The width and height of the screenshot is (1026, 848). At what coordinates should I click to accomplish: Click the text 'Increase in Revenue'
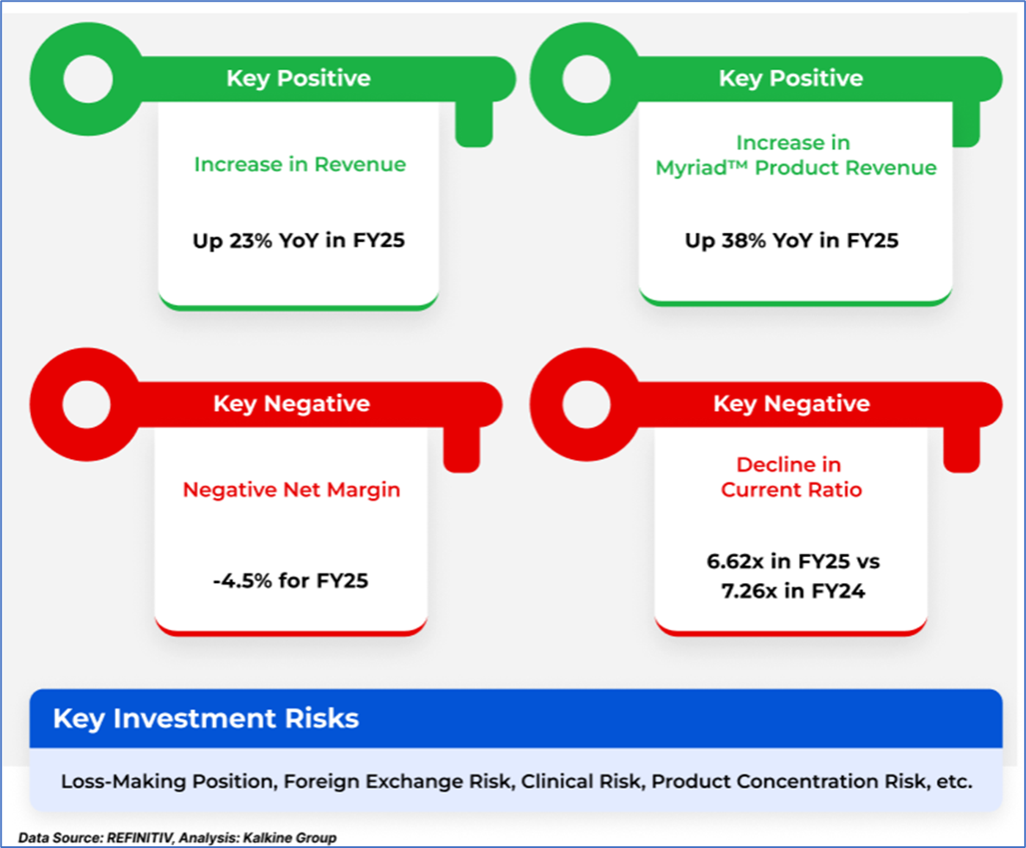point(300,165)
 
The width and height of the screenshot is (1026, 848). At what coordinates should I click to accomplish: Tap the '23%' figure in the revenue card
point(250,240)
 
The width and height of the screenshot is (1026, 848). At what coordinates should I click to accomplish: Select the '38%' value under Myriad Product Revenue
point(744,240)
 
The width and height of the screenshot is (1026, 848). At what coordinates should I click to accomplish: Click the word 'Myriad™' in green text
point(701,168)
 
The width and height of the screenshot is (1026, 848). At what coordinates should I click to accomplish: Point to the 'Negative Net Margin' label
point(291,489)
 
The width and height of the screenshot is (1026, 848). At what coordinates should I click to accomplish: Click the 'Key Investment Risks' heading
point(206,718)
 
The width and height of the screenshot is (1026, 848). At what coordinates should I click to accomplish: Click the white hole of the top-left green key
point(87,79)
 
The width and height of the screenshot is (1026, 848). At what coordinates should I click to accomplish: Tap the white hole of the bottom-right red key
point(586,404)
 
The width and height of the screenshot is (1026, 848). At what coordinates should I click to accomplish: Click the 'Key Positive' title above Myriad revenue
point(791,78)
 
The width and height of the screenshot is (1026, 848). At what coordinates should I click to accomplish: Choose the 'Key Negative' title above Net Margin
point(292,404)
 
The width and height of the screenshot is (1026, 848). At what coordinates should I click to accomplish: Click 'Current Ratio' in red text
point(791,489)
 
